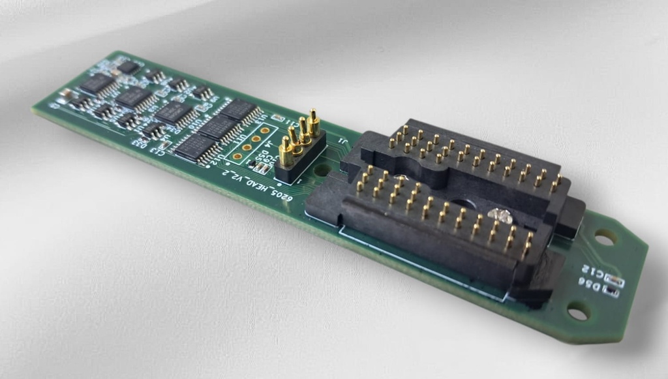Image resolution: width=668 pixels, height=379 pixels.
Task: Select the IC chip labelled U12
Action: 196,147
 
